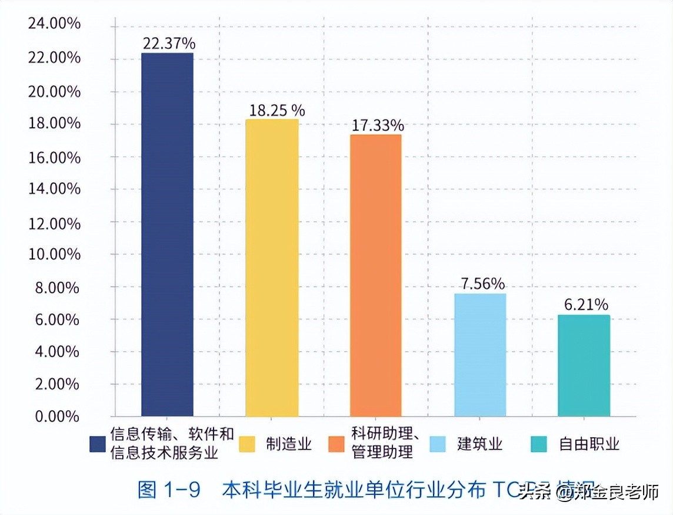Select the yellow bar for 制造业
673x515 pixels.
click(272, 268)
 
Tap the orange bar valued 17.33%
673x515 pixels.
click(376, 275)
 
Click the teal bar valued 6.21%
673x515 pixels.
click(584, 365)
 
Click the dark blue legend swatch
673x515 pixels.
click(98, 444)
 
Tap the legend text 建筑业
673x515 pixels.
click(480, 444)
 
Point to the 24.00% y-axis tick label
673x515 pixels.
click(54, 25)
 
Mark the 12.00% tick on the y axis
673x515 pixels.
click(54, 222)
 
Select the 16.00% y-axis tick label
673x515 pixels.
click(54, 157)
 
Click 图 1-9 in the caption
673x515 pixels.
click(170, 489)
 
